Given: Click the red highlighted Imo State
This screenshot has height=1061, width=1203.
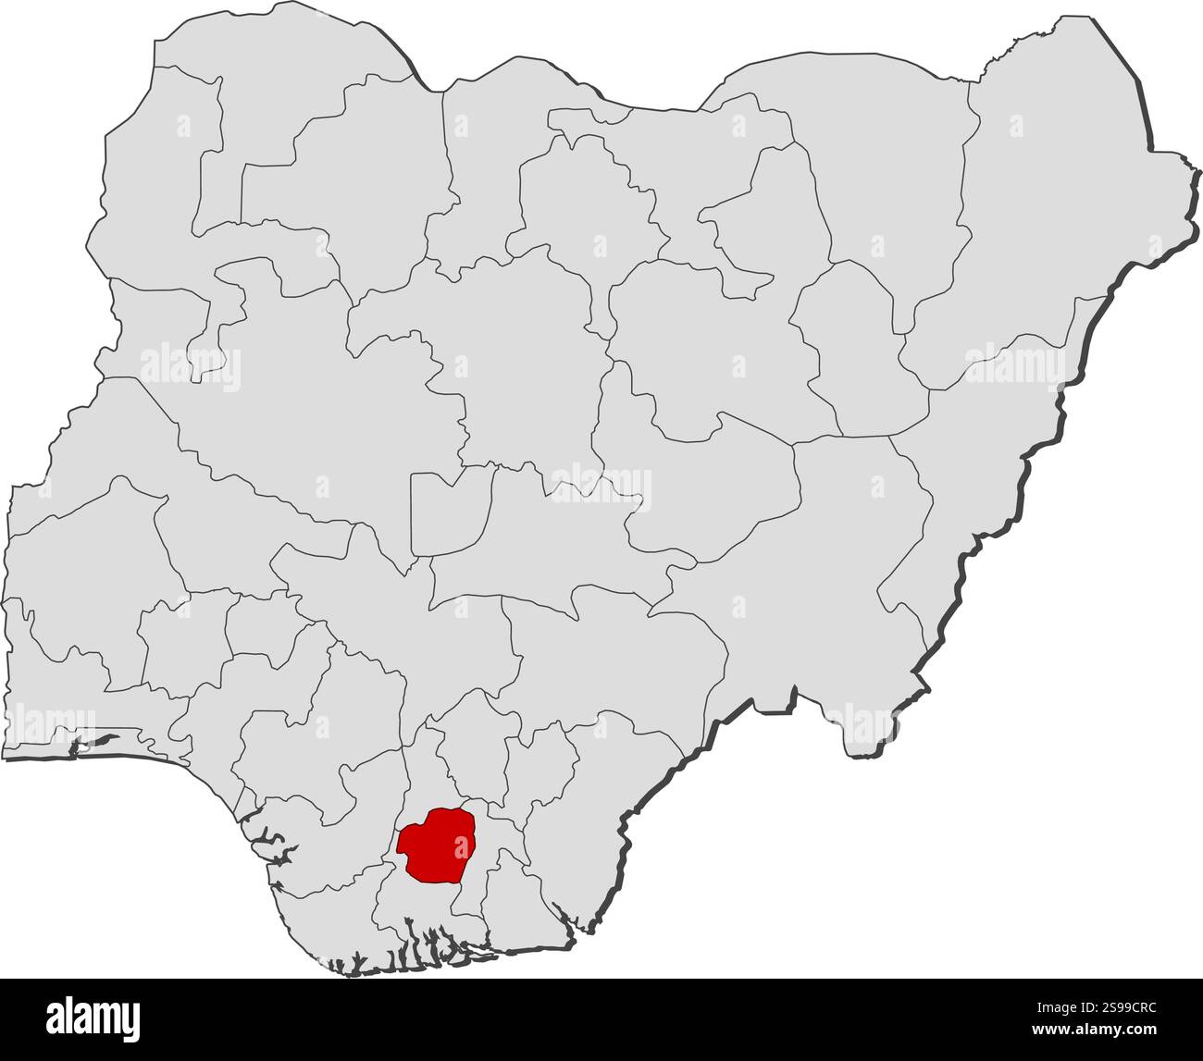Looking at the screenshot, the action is (435, 845).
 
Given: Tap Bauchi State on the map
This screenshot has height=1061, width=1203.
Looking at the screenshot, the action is (713, 352).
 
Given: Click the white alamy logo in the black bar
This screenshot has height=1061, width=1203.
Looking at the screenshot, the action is (93, 1018).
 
